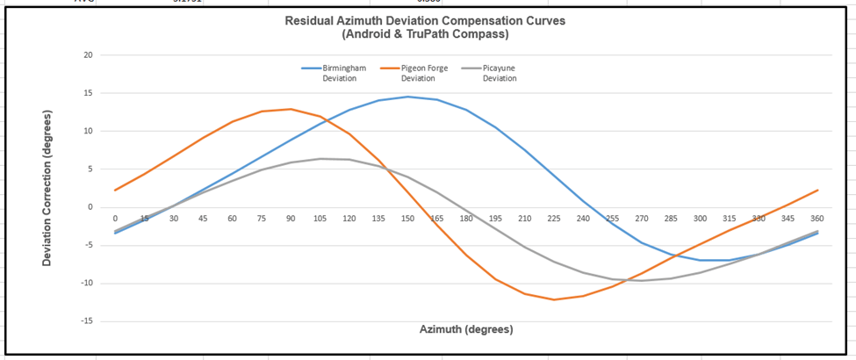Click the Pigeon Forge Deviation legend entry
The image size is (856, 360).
423,73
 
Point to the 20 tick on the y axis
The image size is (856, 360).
86,55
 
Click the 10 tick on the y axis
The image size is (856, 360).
86,132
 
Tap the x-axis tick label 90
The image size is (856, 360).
291,217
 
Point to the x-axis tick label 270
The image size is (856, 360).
642,217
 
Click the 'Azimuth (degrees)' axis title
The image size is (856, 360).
465,329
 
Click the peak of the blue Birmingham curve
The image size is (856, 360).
407,97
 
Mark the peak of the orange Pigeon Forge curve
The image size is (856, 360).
291,109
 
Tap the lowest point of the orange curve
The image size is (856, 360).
554,299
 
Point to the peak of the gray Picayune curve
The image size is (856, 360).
320,159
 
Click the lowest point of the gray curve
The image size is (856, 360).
642,280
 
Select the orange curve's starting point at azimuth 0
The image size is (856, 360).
115,191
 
